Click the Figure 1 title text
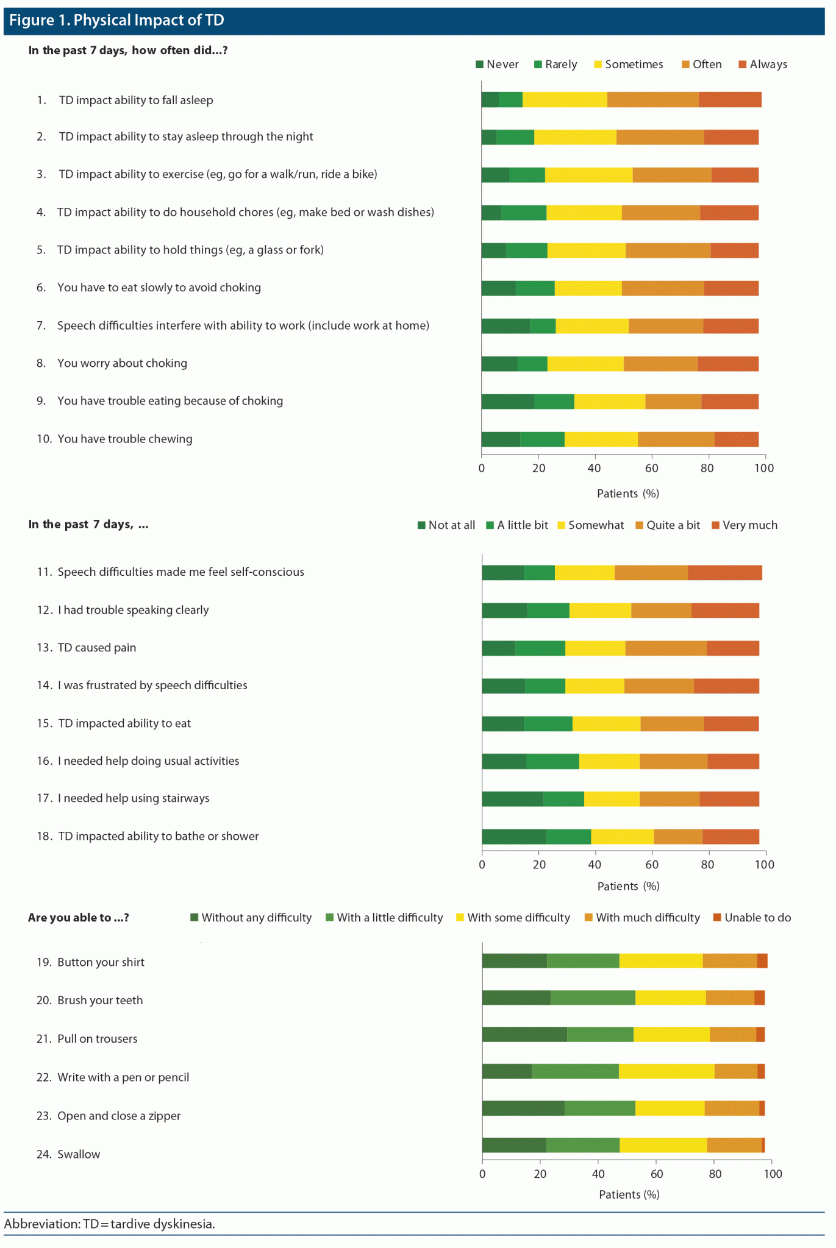click(116, 20)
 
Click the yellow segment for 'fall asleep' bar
click(565, 99)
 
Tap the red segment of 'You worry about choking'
click(728, 364)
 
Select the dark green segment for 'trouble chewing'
click(501, 439)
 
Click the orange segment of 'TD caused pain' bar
click(666, 648)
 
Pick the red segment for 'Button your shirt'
click(762, 960)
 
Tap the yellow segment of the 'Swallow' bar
click(663, 1145)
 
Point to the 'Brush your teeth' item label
click(100, 1000)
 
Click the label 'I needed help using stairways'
click(134, 798)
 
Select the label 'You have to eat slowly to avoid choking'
click(159, 288)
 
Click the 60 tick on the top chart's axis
click(651, 468)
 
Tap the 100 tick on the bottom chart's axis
click(773, 1174)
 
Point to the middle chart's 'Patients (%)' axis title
click(628, 886)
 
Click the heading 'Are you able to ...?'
click(79, 918)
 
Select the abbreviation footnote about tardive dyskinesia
click(110, 1224)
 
